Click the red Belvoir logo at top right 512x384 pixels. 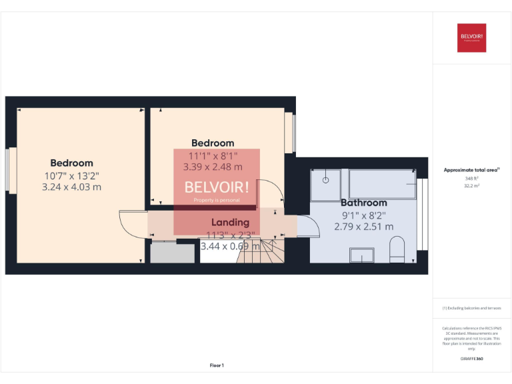471,37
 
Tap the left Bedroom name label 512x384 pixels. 71,163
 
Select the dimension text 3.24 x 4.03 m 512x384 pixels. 71,187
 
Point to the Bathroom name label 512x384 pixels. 363,203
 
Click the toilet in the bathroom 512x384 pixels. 397,253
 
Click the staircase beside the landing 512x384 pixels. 265,251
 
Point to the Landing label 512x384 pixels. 230,222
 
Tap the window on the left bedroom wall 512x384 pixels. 11,171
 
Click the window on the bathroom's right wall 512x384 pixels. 421,213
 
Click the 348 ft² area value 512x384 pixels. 471,179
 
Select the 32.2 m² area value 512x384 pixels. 471,186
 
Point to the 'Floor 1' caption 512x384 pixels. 217,365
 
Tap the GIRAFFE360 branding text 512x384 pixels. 471,359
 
